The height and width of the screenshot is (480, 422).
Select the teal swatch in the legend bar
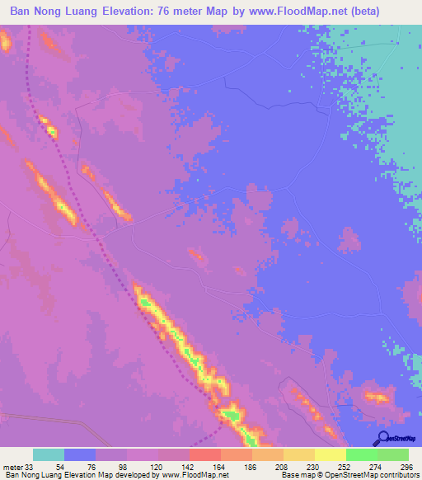49,454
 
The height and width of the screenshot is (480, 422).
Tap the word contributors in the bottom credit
397,475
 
